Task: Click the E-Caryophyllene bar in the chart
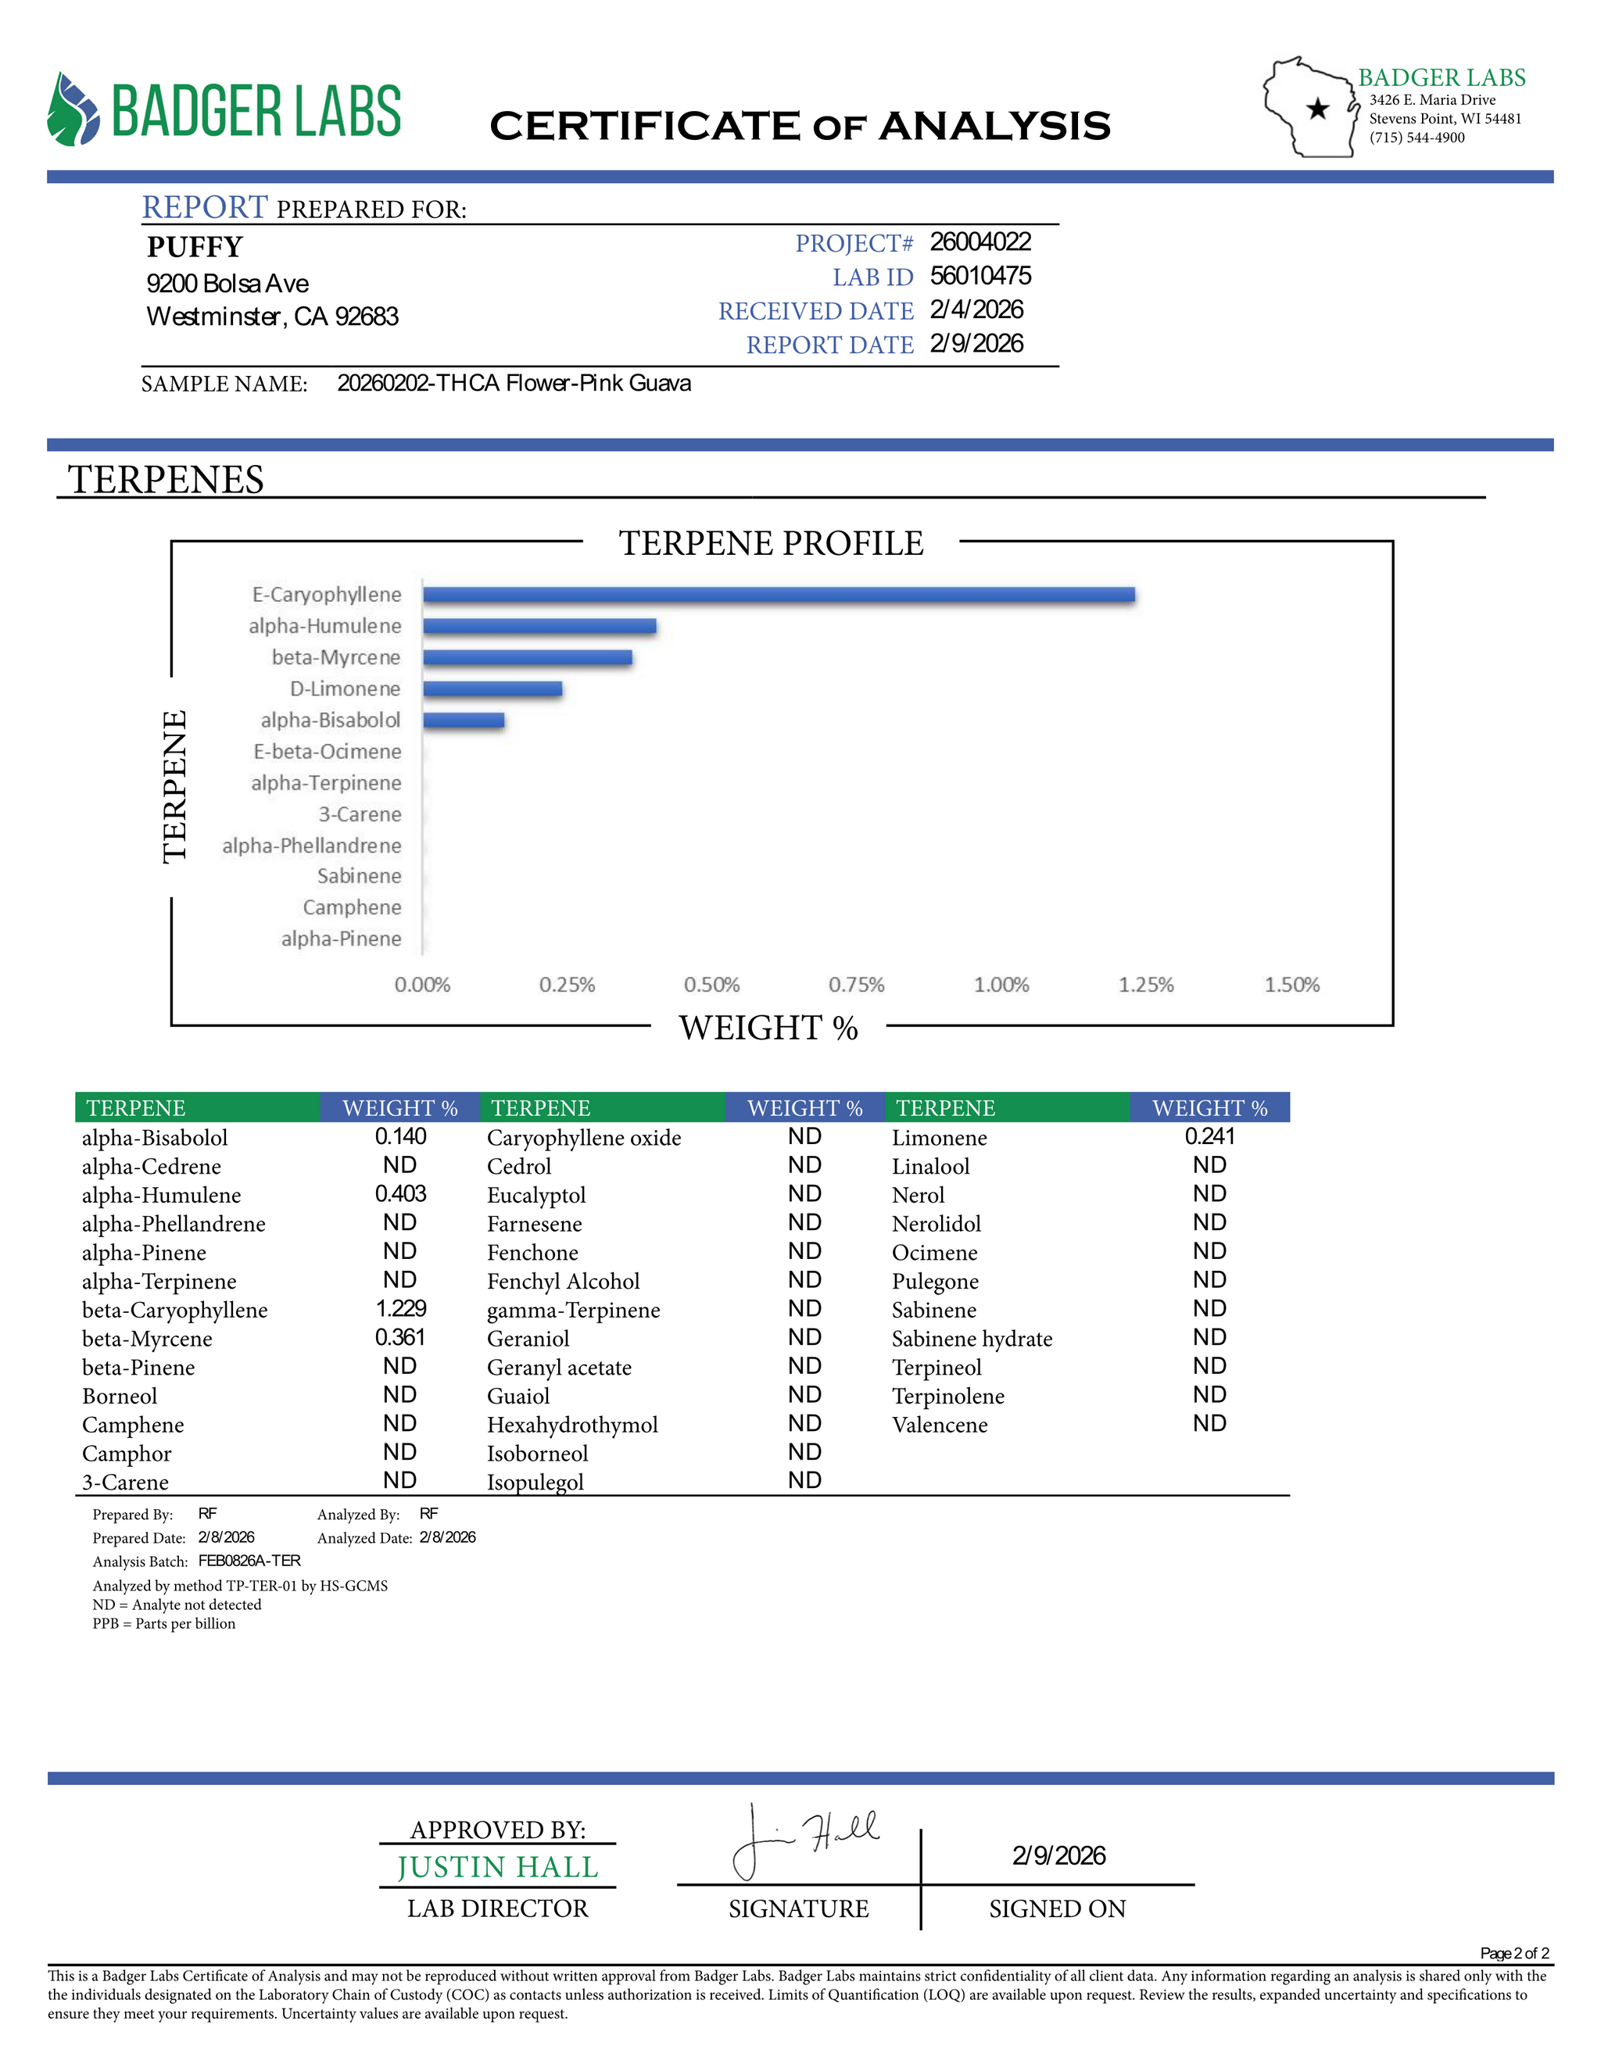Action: [x=778, y=595]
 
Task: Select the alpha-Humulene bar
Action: [x=539, y=626]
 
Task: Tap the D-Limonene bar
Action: [x=492, y=689]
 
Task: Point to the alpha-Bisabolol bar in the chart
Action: [x=463, y=720]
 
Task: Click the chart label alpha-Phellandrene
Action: [x=311, y=845]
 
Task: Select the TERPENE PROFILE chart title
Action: [x=771, y=543]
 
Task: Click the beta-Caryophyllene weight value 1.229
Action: [x=400, y=1308]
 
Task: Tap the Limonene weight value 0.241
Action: [x=1209, y=1136]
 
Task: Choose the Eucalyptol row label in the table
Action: [x=535, y=1195]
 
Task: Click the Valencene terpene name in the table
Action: [x=939, y=1424]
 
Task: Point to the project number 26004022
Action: [x=980, y=241]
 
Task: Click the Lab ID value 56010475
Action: [x=980, y=276]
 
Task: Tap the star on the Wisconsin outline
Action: [x=1317, y=109]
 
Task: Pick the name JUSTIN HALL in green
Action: [x=497, y=1866]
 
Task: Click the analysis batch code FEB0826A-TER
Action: [x=249, y=1561]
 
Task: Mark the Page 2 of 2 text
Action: [x=1513, y=1952]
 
